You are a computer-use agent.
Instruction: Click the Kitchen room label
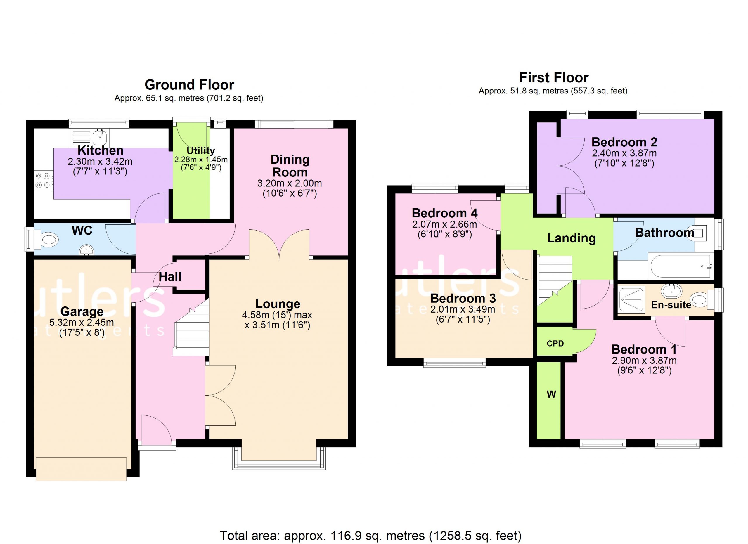(101, 151)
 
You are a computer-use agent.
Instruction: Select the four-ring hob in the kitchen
(43, 180)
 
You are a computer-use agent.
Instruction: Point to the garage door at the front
(81, 469)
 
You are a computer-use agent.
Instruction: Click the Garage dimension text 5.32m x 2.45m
(82, 323)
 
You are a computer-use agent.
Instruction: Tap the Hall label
(170, 277)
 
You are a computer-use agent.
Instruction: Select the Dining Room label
(290, 166)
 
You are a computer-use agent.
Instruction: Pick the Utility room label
(201, 151)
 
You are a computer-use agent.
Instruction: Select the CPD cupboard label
(555, 344)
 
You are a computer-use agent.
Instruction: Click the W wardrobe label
(551, 394)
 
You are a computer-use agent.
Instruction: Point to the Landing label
(572, 238)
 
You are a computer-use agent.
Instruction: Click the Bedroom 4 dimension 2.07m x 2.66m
(445, 224)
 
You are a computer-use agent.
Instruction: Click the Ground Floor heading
(189, 85)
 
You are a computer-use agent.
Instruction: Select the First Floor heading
(554, 78)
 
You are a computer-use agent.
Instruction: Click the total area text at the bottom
(370, 536)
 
